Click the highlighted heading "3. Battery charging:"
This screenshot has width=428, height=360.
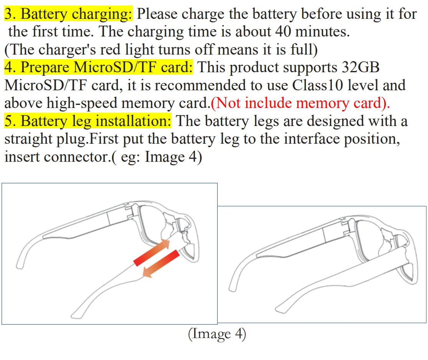pos(68,14)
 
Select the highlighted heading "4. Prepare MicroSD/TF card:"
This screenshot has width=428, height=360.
pos(99,68)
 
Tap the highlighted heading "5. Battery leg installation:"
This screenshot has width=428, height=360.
pos(88,121)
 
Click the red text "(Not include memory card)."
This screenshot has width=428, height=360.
pos(301,103)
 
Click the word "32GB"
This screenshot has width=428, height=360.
pos(360,68)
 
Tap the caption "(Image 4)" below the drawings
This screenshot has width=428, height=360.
pos(217,334)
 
